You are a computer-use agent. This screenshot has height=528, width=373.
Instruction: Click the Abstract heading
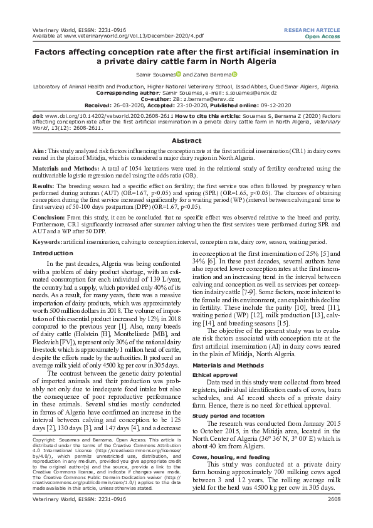point(186,141)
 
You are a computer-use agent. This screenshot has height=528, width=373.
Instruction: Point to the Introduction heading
point(52,253)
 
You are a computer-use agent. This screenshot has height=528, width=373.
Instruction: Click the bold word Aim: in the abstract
point(39,152)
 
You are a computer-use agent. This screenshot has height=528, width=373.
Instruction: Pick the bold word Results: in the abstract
point(45,186)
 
